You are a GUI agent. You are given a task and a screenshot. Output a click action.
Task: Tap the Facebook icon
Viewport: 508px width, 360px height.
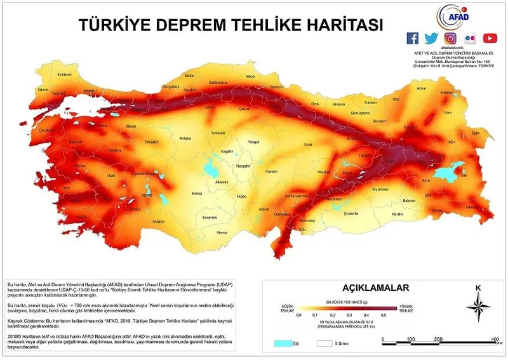coord(413,38)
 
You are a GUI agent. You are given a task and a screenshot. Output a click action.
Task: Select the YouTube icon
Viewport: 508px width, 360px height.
coord(490,38)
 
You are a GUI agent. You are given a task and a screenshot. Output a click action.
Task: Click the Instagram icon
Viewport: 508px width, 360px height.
coord(450,38)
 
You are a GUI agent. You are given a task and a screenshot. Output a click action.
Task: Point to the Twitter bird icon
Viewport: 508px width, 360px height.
coord(431,38)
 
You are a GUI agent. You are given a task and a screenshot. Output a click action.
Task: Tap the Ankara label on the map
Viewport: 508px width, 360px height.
coord(185,137)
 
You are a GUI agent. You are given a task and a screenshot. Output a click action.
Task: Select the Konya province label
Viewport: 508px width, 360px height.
coord(196,193)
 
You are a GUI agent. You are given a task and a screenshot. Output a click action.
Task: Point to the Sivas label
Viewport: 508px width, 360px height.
coord(308,145)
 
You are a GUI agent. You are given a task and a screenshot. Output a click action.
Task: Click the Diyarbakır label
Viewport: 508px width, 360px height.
coord(380,189)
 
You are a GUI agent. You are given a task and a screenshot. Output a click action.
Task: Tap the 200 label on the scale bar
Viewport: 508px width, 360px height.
coord(439,340)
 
